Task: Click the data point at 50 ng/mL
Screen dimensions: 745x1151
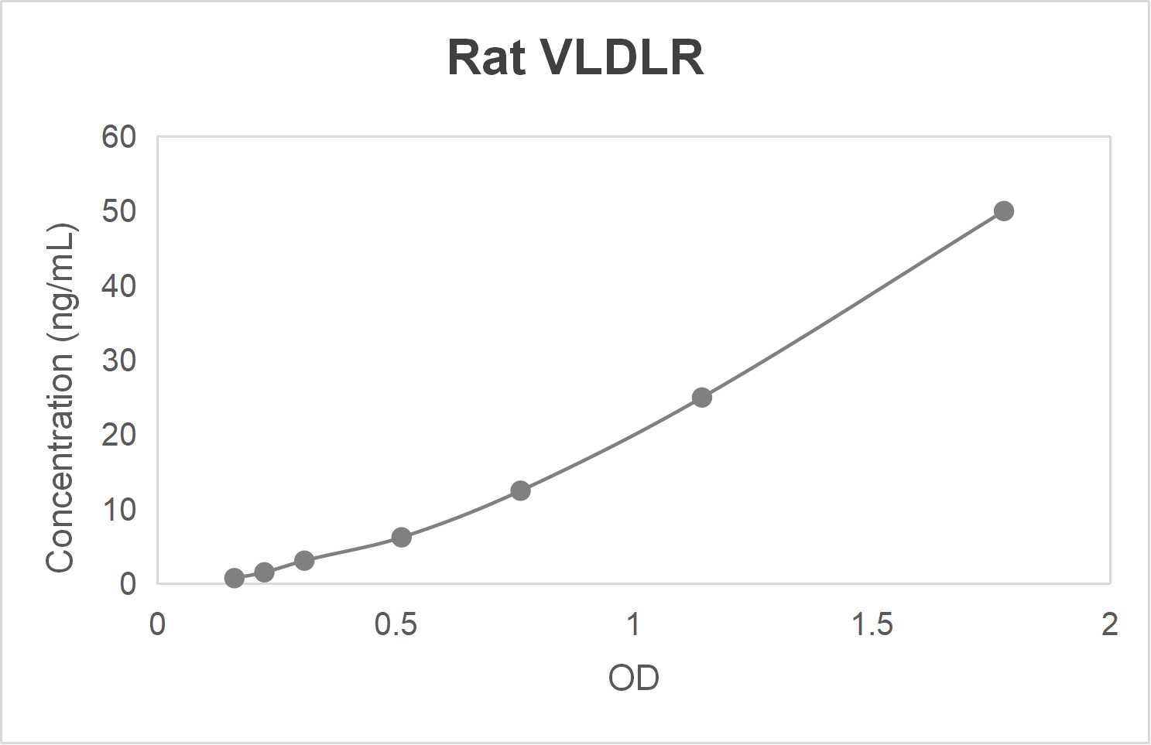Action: pos(1003,211)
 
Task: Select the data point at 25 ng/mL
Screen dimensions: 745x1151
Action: pos(701,398)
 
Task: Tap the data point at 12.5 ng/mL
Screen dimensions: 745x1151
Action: pos(520,490)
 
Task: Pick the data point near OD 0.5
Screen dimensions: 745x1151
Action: pos(401,537)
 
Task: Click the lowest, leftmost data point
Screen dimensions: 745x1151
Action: pos(234,578)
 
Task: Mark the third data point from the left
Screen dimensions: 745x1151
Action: pos(304,560)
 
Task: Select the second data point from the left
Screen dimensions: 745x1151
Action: pos(264,572)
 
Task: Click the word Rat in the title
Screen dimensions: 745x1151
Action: pos(486,57)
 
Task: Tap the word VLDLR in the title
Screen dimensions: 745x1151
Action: pos(621,57)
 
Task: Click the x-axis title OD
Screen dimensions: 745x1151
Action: pos(633,678)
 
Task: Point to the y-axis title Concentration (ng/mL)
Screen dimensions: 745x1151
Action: pos(60,398)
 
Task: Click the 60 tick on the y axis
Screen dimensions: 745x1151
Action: pos(118,137)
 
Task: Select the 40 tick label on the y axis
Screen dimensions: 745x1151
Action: pos(118,286)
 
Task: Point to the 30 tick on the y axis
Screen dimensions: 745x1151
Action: pos(118,361)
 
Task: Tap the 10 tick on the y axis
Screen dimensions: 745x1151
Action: pos(118,510)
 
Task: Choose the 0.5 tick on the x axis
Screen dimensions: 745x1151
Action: pos(395,624)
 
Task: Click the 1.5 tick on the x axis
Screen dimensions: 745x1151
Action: pos(872,624)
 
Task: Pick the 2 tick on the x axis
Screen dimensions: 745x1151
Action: pos(1109,624)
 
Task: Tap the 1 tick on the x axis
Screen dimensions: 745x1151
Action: pos(633,624)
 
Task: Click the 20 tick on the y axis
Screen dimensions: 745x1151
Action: pos(118,435)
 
